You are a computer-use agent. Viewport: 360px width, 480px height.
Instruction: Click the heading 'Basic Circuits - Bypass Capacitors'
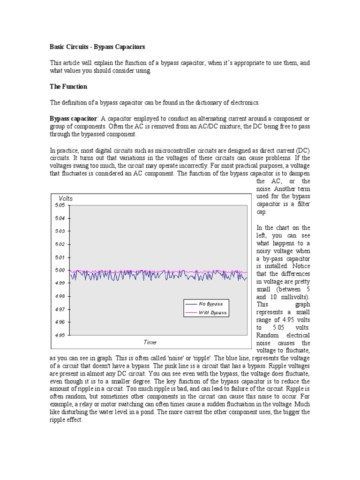coord(97,47)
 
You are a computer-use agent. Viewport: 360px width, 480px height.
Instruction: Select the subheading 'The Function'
coord(68,87)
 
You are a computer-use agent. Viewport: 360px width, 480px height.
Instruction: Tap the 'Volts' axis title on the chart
coord(66,198)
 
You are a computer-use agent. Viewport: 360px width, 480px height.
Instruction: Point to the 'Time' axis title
coord(150,342)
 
